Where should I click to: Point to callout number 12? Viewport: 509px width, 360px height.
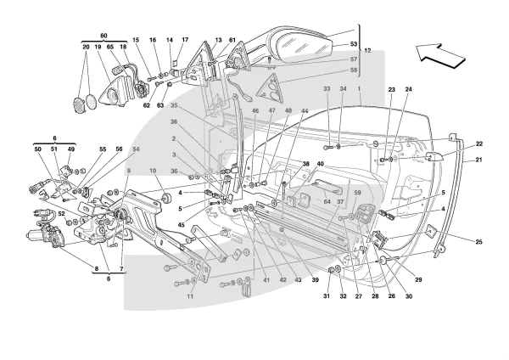(367, 51)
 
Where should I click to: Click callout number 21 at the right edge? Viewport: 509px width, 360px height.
(478, 160)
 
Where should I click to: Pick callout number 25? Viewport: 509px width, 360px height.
(478, 243)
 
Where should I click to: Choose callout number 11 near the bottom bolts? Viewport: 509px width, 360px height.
(190, 296)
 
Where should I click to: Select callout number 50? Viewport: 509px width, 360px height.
(36, 150)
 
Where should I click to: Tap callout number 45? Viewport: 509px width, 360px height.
(181, 224)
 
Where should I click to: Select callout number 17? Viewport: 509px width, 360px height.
(185, 40)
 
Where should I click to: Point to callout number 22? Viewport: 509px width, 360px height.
(478, 144)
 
